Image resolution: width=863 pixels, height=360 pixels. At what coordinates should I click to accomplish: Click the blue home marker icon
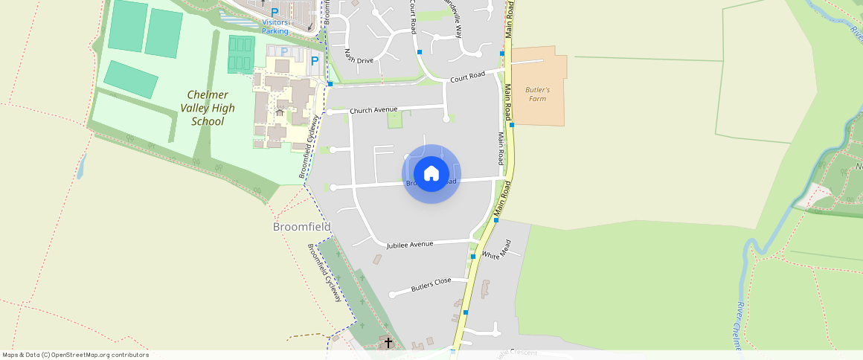(431, 174)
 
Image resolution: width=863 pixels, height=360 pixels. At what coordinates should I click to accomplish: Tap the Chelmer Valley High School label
(208, 108)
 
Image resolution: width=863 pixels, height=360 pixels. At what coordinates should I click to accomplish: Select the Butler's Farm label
(537, 94)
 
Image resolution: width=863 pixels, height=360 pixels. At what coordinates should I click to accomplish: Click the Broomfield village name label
(301, 226)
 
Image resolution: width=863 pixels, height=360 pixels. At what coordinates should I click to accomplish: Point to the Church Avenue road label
(373, 110)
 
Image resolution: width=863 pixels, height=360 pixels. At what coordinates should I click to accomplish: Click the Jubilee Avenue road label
(409, 244)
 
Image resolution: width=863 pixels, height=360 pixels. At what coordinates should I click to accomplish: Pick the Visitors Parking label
(275, 27)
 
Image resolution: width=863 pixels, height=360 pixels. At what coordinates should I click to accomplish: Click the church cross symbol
(388, 342)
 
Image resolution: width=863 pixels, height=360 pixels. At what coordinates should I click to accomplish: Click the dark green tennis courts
(241, 54)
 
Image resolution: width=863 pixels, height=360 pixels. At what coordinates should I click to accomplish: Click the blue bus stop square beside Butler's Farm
(512, 125)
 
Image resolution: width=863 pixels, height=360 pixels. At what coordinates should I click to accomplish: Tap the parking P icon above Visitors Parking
(275, 12)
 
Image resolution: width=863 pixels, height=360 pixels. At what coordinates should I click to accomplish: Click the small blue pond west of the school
(80, 167)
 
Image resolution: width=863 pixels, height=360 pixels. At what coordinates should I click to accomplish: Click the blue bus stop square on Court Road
(420, 52)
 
